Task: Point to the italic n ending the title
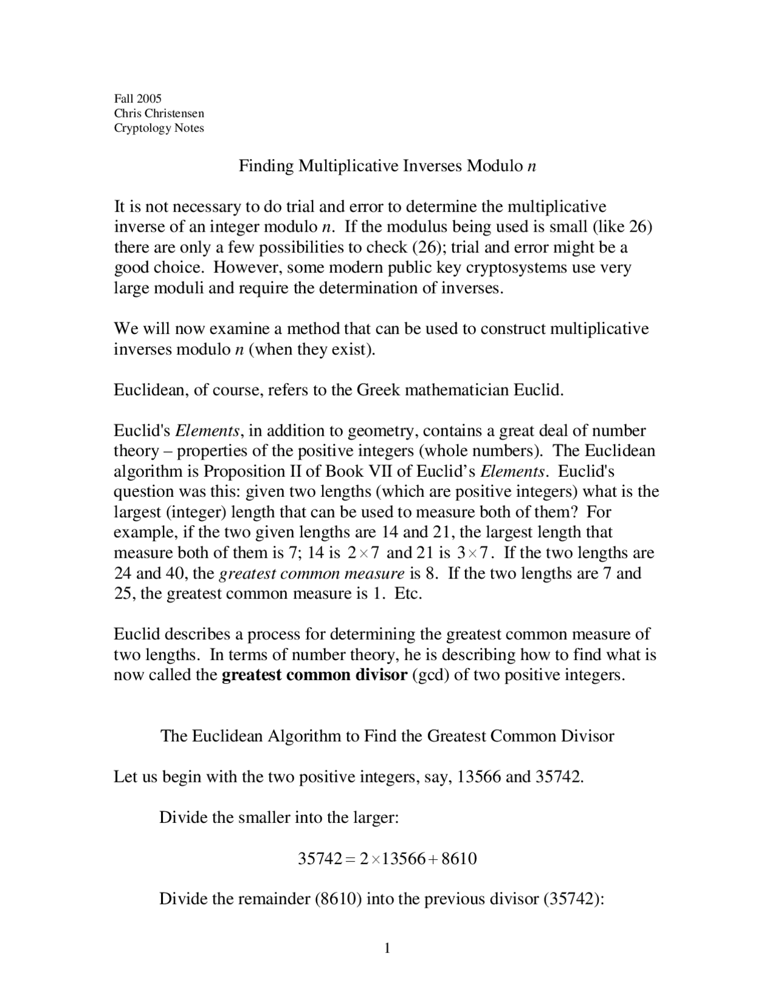(x=532, y=166)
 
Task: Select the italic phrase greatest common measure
(x=311, y=573)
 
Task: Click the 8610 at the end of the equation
(x=460, y=859)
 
